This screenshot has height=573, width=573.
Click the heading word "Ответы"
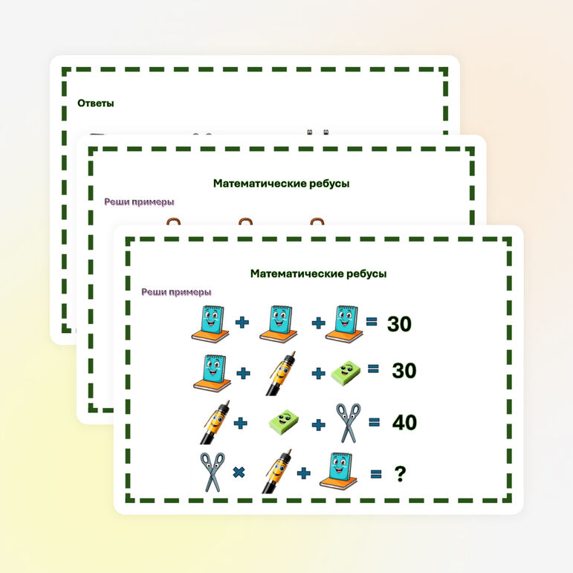pyautogui.click(x=95, y=103)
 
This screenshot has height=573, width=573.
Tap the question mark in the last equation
pyautogui.click(x=400, y=474)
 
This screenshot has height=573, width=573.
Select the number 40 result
pyautogui.click(x=404, y=422)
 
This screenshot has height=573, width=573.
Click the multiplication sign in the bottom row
pyautogui.click(x=239, y=473)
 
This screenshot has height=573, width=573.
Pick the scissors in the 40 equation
pyautogui.click(x=349, y=423)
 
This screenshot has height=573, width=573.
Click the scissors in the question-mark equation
pyautogui.click(x=213, y=472)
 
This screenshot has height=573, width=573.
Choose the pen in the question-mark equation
pyautogui.click(x=276, y=470)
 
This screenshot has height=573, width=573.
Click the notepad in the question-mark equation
pyautogui.click(x=338, y=470)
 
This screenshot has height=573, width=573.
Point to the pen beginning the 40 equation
pyautogui.click(x=215, y=422)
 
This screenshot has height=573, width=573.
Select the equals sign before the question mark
pyautogui.click(x=376, y=474)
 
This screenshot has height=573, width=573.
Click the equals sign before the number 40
pyautogui.click(x=374, y=422)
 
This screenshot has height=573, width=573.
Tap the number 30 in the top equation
pyautogui.click(x=399, y=324)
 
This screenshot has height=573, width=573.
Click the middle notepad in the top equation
pyautogui.click(x=279, y=324)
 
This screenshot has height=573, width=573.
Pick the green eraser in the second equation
pyautogui.click(x=346, y=373)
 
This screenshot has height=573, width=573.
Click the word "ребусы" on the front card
pyautogui.click(x=366, y=273)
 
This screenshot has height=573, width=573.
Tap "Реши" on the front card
pyautogui.click(x=152, y=292)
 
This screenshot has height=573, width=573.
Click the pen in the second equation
pyautogui.click(x=281, y=373)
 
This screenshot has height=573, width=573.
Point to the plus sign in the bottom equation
pyautogui.click(x=304, y=473)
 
